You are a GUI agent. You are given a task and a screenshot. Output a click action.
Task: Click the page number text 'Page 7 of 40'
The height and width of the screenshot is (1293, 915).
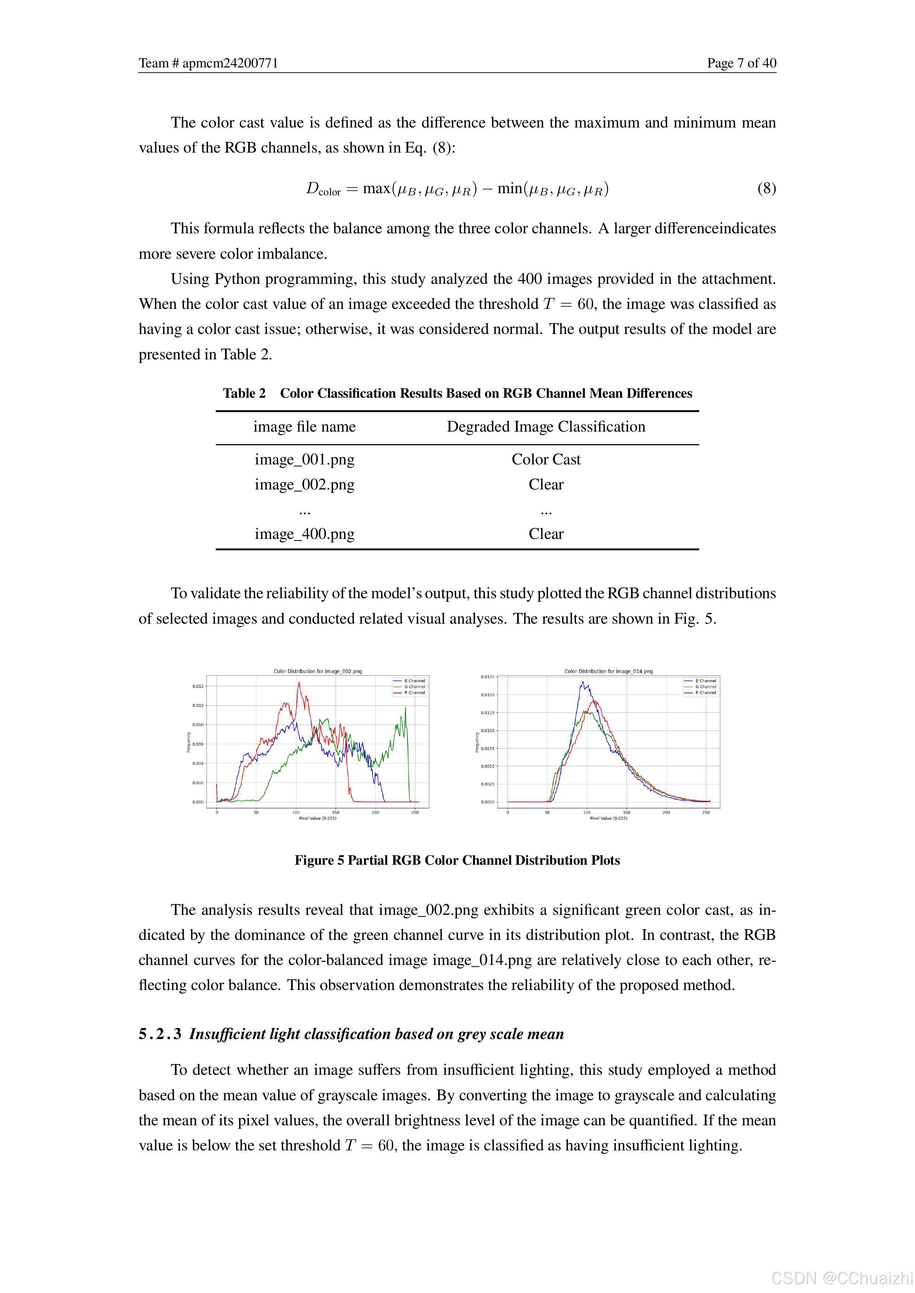tap(741, 63)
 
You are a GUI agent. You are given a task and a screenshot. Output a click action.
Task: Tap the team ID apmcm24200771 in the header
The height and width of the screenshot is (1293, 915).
tap(230, 63)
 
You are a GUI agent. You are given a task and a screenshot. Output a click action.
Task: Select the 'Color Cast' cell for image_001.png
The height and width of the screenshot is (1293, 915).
tap(545, 460)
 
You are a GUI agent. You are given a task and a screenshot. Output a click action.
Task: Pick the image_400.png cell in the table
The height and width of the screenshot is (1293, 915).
tap(304, 534)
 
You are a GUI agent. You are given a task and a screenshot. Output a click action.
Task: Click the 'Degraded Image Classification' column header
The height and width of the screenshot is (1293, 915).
tap(545, 427)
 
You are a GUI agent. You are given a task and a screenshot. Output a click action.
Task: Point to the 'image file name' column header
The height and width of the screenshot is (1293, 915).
tap(304, 427)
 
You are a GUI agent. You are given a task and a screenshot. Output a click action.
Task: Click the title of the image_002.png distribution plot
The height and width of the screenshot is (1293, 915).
tap(317, 671)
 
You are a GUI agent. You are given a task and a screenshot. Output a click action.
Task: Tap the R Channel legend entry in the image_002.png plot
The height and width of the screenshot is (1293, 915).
tap(415, 693)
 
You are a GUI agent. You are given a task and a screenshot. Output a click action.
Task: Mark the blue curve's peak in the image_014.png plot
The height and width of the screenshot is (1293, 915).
tap(583, 683)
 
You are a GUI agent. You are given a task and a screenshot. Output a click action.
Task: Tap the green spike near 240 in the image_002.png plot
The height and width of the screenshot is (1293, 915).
tap(405, 708)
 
